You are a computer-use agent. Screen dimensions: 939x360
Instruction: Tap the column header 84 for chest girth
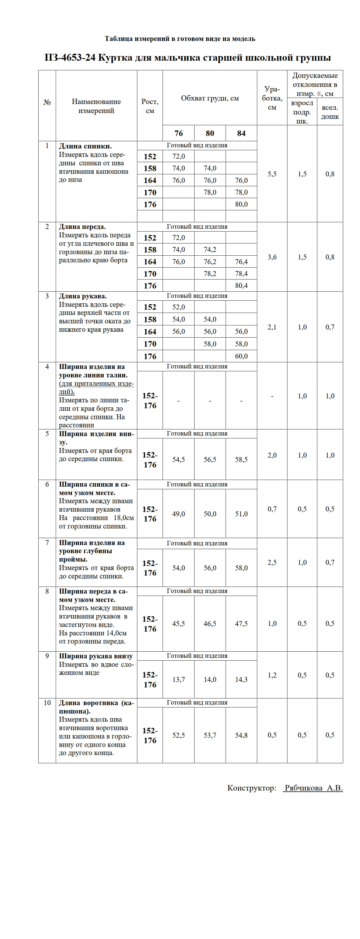click(x=241, y=133)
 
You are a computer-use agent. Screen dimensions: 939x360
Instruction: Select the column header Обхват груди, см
click(x=210, y=98)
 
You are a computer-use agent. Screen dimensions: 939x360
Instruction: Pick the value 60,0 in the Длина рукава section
click(x=241, y=356)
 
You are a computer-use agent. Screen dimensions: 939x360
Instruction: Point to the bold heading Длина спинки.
click(x=85, y=146)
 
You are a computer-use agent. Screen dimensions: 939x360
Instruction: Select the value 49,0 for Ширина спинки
click(x=179, y=514)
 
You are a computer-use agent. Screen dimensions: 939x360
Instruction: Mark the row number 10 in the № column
click(x=47, y=703)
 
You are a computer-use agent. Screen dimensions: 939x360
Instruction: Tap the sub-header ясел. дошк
click(x=330, y=112)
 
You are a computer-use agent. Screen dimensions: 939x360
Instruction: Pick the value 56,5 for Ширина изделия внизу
click(x=210, y=460)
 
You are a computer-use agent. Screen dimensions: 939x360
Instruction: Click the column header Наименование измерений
click(x=96, y=106)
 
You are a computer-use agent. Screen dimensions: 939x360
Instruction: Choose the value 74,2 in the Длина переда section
click(x=210, y=250)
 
